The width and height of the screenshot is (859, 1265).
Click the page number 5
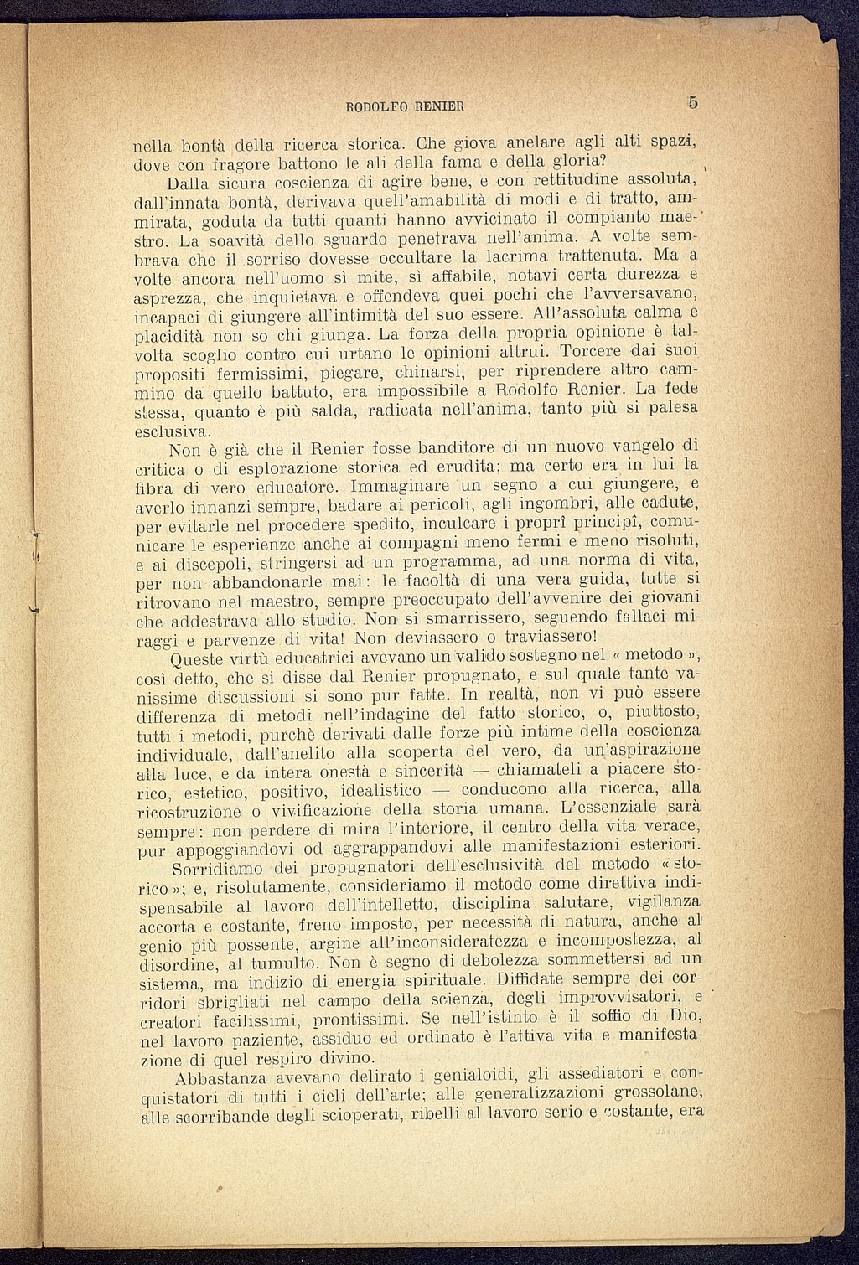click(692, 102)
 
